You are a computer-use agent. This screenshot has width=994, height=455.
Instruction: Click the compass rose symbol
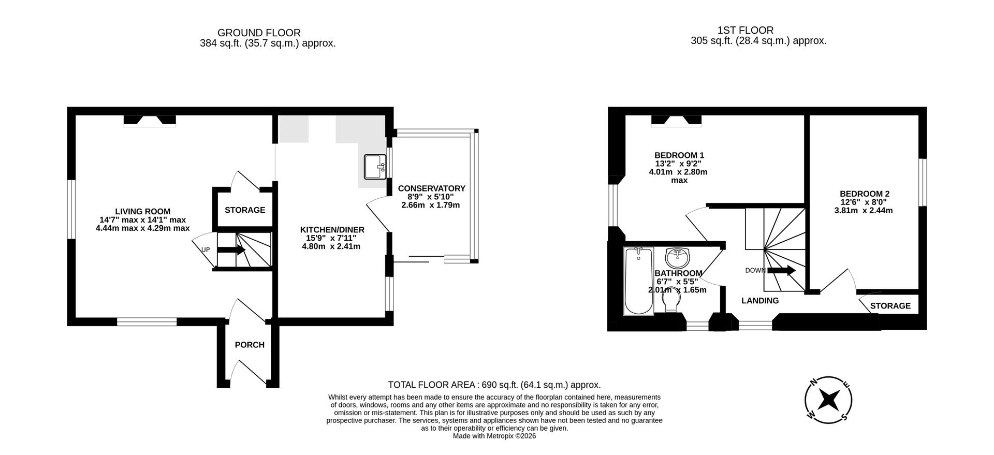(x=828, y=400)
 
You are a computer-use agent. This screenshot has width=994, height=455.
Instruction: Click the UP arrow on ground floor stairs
(x=231, y=250)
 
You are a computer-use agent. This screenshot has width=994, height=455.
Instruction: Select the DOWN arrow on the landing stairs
(x=781, y=270)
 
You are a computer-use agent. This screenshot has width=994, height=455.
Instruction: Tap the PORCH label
(x=250, y=345)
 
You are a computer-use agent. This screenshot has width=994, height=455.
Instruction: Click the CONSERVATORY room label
(x=431, y=188)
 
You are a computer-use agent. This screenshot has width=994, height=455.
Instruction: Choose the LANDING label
(x=759, y=301)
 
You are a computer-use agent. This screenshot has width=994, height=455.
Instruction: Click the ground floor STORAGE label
(x=245, y=210)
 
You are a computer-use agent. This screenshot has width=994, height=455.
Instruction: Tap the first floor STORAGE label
(x=890, y=306)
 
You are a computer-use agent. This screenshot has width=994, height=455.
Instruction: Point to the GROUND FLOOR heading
(x=259, y=33)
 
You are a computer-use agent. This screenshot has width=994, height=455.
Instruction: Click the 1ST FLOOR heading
(x=745, y=31)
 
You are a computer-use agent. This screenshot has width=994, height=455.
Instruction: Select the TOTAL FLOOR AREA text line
(x=494, y=385)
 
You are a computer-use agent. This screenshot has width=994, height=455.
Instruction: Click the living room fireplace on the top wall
(x=150, y=121)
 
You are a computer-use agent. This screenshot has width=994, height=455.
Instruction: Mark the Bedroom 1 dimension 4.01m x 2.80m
(x=678, y=172)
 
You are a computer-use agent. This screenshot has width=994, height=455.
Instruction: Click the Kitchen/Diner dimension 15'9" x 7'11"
(x=331, y=238)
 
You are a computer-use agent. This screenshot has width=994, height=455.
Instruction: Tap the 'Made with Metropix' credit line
(x=494, y=436)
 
